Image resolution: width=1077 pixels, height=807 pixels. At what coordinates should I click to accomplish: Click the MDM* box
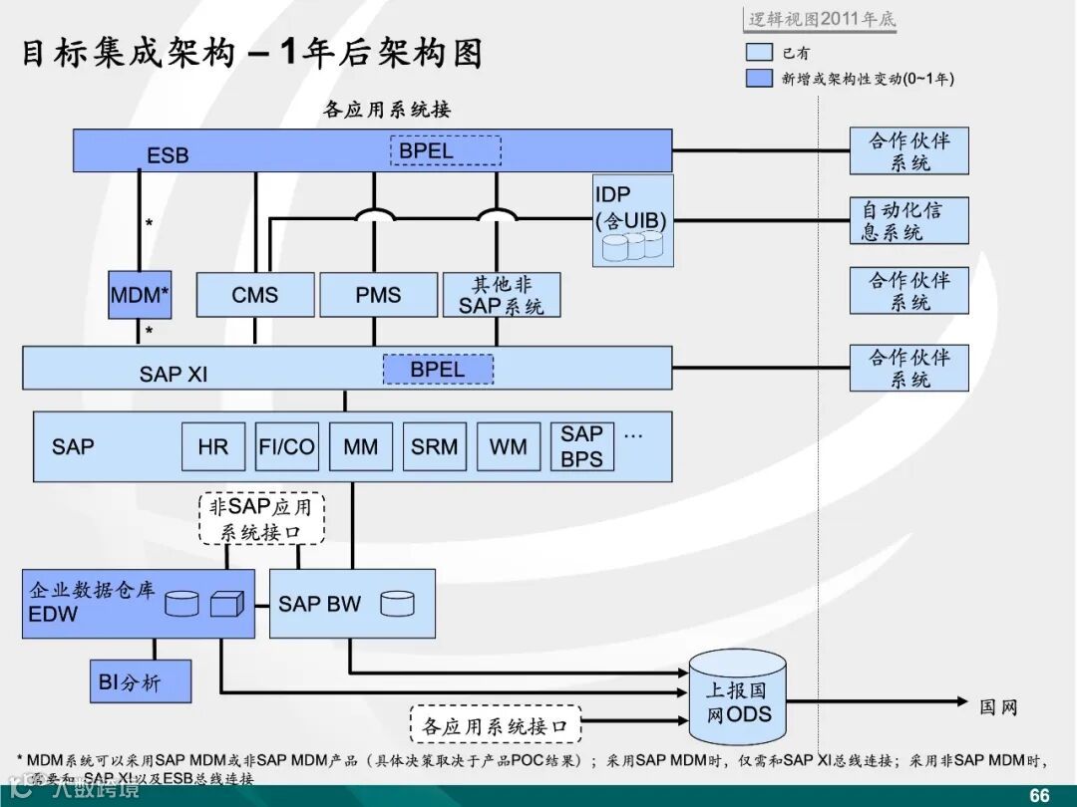[x=140, y=295]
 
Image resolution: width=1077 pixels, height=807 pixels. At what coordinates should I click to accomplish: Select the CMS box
[x=255, y=295]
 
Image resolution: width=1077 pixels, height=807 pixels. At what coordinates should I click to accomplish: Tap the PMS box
[x=378, y=295]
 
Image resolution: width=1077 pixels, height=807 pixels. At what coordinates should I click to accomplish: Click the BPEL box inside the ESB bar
[x=445, y=150]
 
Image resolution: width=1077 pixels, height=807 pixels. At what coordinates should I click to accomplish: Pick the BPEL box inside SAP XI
[x=438, y=369]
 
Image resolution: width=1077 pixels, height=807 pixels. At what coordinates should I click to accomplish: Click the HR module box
[x=212, y=446]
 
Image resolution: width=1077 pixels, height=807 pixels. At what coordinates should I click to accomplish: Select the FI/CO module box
[x=286, y=446]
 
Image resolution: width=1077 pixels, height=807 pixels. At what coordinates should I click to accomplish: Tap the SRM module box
[x=434, y=446]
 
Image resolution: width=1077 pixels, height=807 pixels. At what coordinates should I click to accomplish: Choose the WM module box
[x=508, y=446]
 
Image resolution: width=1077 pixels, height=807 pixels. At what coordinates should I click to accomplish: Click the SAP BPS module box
[x=581, y=446]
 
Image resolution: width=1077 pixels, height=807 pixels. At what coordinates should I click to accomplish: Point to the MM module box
[x=360, y=446]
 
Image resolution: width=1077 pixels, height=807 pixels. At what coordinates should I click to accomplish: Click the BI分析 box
[x=140, y=681]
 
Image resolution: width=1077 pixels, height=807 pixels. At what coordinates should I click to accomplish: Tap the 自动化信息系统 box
[x=908, y=220]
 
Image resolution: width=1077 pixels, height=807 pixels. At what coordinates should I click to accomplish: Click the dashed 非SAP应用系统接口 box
[x=261, y=518]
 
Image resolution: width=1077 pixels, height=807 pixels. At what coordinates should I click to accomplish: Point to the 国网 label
[x=997, y=706]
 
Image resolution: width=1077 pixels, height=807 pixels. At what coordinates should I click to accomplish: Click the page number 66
[x=1039, y=795]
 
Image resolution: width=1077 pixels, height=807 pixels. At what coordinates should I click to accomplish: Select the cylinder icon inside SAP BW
[x=397, y=603]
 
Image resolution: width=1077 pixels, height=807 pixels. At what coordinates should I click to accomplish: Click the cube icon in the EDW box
[x=226, y=603]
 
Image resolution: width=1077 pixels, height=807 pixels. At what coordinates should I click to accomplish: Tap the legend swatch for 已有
[x=759, y=53]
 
